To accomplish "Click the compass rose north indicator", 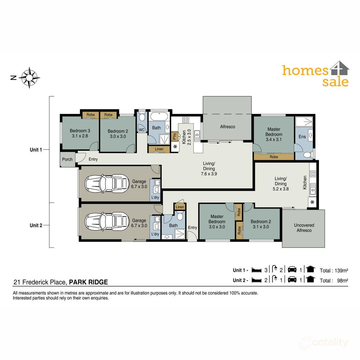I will (29, 78).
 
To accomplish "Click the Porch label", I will (67, 159).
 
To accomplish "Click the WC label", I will (142, 130).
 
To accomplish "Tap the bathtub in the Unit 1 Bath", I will (159, 116).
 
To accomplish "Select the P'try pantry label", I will (174, 137).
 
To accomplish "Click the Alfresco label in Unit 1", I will (227, 127).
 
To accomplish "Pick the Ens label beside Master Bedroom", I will (302, 137).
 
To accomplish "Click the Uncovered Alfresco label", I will (304, 228).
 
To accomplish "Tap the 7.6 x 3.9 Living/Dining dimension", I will (209, 174).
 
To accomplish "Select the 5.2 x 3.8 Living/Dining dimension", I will (280, 189).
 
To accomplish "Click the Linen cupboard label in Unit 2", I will (180, 207).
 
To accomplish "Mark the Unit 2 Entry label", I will (192, 228).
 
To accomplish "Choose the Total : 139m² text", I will (334, 271).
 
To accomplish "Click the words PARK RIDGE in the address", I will (88, 282).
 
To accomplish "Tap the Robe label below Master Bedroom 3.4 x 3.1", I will (274, 157).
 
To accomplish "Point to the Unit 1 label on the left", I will (36, 150).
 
